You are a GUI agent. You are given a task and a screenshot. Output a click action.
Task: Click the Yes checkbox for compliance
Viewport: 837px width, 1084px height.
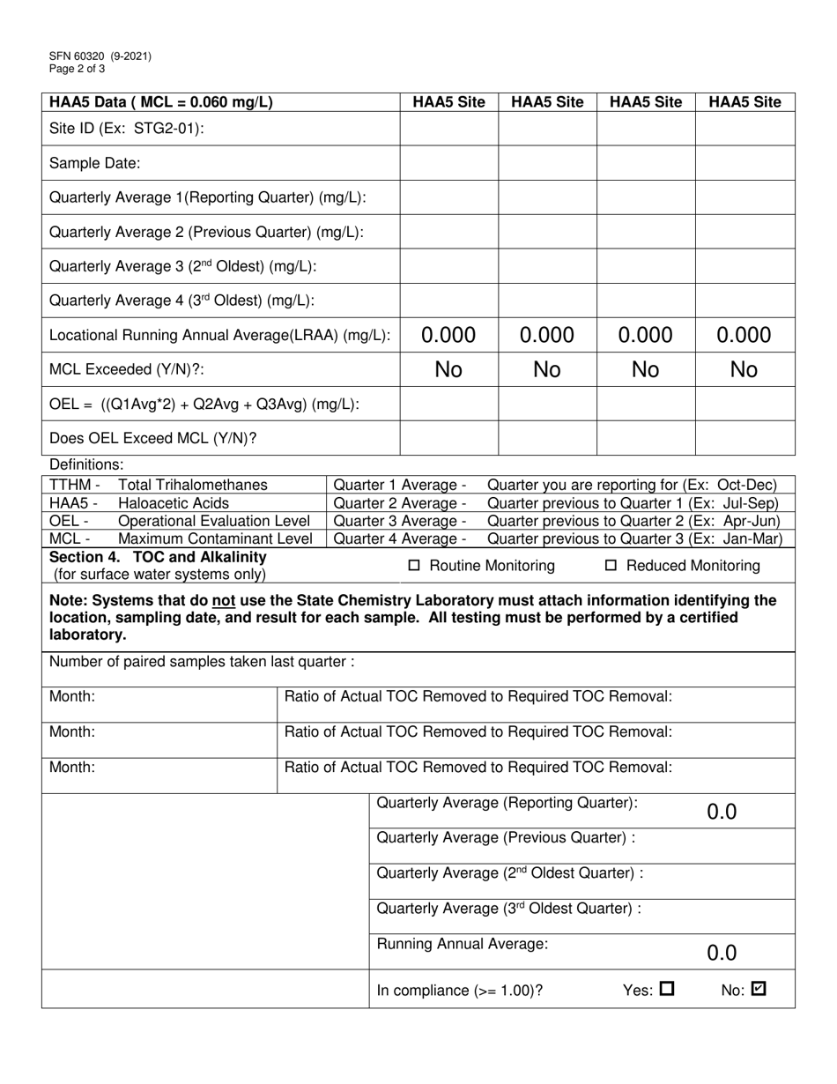pyautogui.click(x=666, y=989)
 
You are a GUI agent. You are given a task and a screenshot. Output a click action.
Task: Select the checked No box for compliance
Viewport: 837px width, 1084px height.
pyautogui.click(x=758, y=989)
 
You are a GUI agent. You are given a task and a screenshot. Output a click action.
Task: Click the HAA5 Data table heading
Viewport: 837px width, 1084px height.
pyautogui.click(x=160, y=102)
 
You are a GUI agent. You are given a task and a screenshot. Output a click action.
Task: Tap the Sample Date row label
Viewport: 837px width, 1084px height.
pyautogui.click(x=95, y=163)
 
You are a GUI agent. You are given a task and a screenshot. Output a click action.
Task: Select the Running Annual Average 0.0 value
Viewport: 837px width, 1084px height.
pyautogui.click(x=722, y=953)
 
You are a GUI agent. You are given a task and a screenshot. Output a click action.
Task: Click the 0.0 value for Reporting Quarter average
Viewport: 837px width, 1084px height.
pyautogui.click(x=722, y=813)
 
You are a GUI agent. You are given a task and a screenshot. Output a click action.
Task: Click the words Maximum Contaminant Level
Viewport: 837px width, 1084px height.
pyautogui.click(x=215, y=538)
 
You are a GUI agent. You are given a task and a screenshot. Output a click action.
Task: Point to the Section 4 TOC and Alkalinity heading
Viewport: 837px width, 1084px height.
pyautogui.click(x=158, y=558)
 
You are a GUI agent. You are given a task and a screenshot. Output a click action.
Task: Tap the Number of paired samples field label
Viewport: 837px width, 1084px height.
pyautogui.click(x=202, y=662)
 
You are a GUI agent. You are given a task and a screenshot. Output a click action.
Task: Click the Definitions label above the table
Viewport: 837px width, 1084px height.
pyautogui.click(x=86, y=464)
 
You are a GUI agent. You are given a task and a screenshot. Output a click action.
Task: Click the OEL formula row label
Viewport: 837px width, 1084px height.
pyautogui.click(x=204, y=404)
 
